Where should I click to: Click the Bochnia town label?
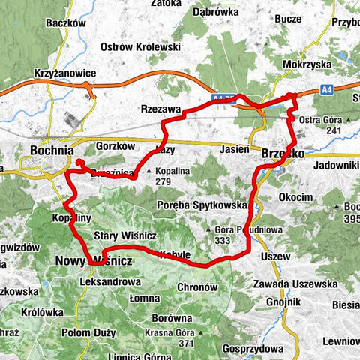coord(51,150)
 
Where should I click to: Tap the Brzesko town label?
coord(282,152)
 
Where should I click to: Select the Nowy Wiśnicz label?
coord(83,259)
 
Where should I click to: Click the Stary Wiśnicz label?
coord(125,235)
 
